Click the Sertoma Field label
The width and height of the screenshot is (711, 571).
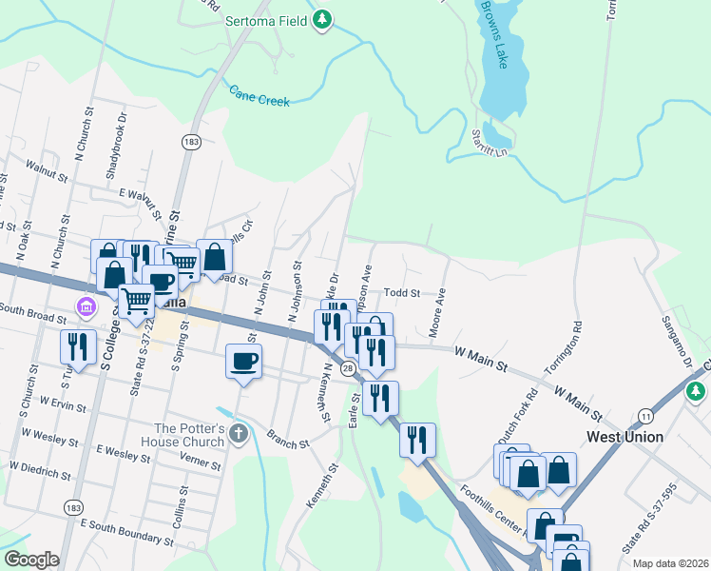269,19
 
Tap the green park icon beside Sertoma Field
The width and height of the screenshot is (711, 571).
323,19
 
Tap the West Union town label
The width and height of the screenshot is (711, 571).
625,437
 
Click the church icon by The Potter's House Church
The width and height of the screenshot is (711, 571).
238,433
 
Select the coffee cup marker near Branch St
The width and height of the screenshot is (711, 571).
244,363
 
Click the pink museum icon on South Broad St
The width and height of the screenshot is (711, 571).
86,308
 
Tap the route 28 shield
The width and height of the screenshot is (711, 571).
350,367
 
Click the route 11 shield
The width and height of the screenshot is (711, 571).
646,416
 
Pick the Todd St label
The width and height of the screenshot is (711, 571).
401,293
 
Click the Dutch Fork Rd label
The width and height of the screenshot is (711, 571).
532,414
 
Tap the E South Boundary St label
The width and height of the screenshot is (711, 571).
126,531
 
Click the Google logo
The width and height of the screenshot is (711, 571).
31,561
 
